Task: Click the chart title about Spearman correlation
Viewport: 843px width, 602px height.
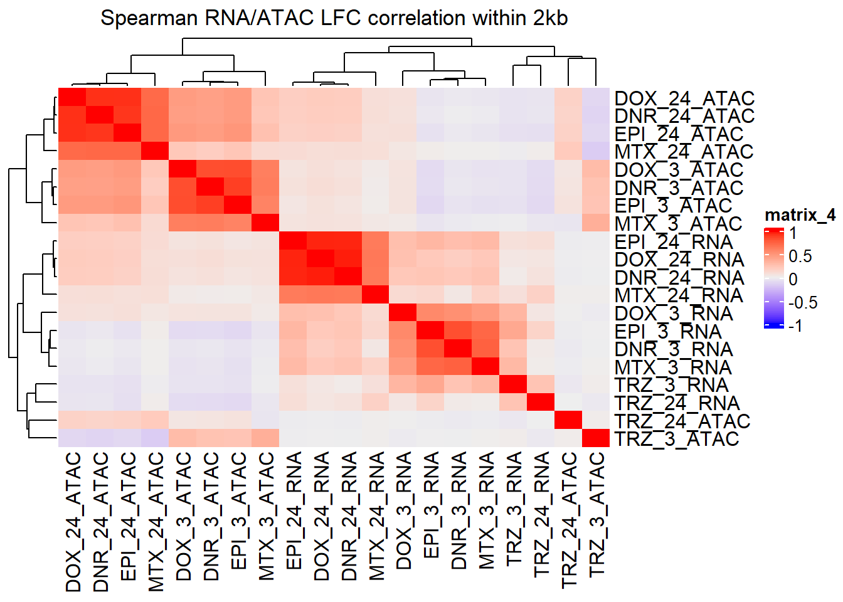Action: point(334,18)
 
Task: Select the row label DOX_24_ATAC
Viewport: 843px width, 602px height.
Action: point(684,98)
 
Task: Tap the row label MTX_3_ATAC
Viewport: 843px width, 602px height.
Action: point(679,223)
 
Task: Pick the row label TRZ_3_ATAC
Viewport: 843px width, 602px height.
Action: point(677,439)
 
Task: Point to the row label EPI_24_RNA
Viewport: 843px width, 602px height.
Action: point(674,241)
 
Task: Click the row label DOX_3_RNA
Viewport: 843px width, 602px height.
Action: point(674,313)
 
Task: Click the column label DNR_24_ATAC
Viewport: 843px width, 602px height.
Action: point(100,522)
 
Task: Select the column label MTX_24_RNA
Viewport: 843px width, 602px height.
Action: point(376,516)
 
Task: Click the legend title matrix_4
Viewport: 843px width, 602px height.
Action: point(800,215)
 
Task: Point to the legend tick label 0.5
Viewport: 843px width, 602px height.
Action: point(800,256)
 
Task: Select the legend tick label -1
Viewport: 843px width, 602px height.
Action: point(796,325)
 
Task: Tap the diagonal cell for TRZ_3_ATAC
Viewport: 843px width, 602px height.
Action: point(596,438)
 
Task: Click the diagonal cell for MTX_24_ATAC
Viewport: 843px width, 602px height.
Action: point(155,151)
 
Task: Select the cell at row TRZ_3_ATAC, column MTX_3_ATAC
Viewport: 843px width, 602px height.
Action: point(265,438)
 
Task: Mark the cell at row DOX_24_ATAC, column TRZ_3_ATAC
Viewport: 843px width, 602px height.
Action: point(596,97)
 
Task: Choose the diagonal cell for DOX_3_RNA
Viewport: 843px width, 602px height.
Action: point(403,312)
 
